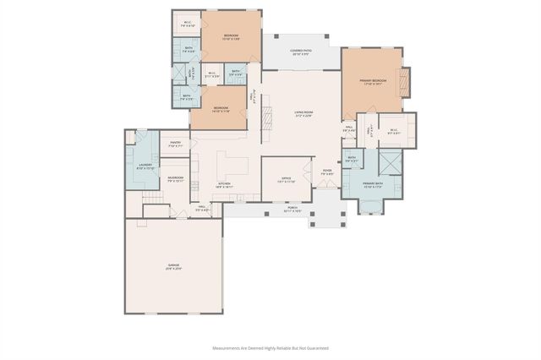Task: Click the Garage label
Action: coord(172,266)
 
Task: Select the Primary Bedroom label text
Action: coord(371,82)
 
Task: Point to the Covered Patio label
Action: coord(301,52)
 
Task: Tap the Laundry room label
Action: coord(145,167)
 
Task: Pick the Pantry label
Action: coord(176,145)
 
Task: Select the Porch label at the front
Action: coord(292,209)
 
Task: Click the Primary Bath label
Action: coord(373,185)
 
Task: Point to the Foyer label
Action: coord(327,172)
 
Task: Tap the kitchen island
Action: coord(230,161)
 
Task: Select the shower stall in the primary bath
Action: coord(390,160)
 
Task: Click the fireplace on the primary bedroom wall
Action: coord(404,81)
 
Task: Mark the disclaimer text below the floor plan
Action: coord(270,347)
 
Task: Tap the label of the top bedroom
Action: coord(231,36)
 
